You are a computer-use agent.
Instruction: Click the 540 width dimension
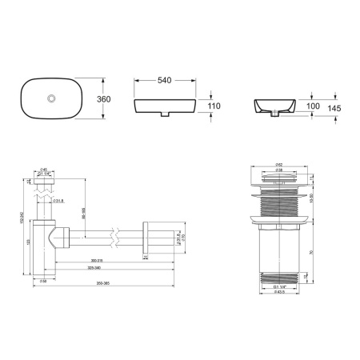tap(166, 81)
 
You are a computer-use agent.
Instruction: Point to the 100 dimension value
tap(314, 106)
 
